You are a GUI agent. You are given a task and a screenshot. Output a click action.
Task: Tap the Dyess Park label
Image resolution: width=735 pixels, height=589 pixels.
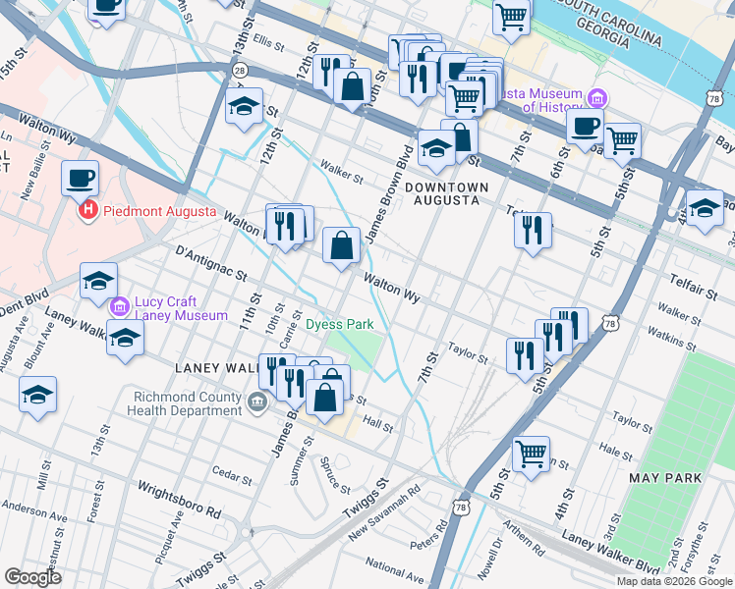(339, 324)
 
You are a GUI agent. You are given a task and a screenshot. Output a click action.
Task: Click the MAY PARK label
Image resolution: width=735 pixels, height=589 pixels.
(666, 478)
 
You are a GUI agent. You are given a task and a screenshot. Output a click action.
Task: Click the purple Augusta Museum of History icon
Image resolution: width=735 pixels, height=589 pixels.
(597, 98)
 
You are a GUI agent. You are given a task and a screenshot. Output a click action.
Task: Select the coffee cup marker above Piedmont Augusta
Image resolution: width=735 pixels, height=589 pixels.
(81, 178)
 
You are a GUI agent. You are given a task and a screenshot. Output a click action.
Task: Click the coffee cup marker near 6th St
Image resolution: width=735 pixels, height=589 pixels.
(585, 125)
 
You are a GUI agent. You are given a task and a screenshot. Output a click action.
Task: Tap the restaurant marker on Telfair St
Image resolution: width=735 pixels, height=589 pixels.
(532, 230)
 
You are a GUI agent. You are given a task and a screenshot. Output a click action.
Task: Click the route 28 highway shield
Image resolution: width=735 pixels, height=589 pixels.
(240, 70)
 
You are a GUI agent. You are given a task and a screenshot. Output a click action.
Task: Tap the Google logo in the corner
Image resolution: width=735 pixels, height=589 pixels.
(33, 577)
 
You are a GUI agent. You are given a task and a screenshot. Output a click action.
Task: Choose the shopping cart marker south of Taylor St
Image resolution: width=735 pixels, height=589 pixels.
(531, 453)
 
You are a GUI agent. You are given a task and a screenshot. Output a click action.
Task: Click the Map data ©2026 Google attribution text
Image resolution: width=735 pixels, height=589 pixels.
(673, 581)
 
